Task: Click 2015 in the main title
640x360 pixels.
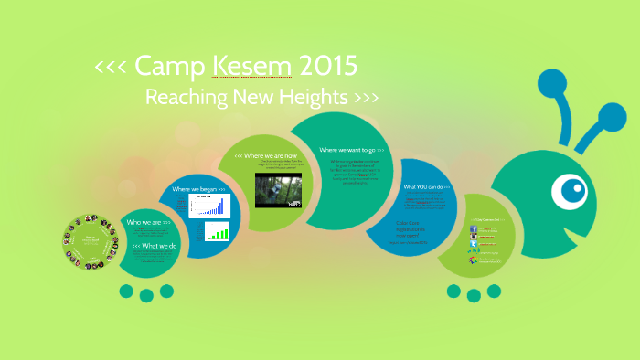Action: pos(326,66)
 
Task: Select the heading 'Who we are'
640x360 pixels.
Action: pos(148,223)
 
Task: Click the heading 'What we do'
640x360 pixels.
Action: pos(155,246)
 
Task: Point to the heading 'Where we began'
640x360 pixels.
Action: pos(198,188)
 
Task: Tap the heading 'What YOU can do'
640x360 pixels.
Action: pos(427,186)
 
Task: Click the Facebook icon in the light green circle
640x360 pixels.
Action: pos(475,228)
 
